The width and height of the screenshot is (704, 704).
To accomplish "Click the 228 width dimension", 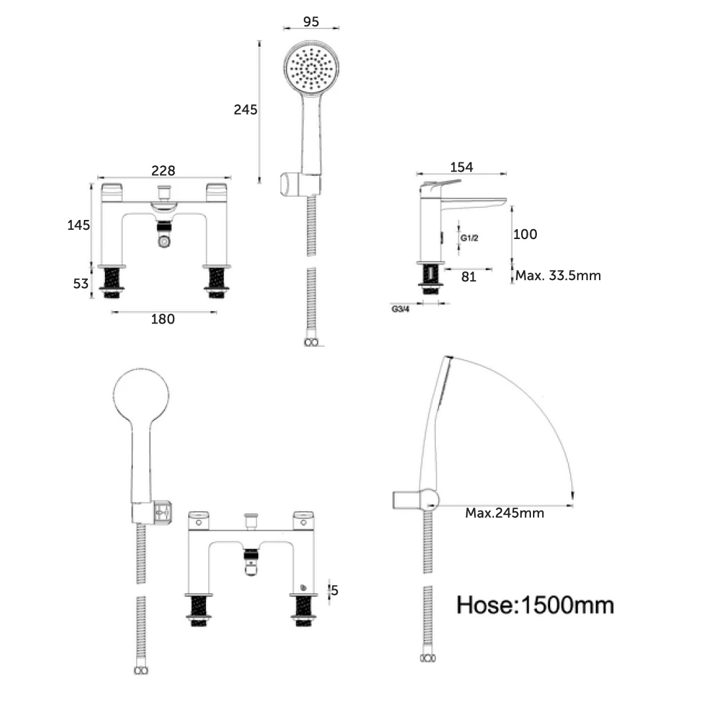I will tap(163, 170).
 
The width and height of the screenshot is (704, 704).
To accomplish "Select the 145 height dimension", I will tap(79, 225).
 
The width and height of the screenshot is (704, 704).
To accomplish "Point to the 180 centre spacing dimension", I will tap(163, 319).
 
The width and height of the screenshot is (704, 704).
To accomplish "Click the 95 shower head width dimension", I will tap(311, 21).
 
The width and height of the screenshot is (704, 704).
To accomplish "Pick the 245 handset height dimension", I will tap(246, 110).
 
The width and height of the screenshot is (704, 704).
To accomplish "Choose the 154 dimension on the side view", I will tap(461, 167).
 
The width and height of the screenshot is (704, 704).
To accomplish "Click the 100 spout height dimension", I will tap(525, 234).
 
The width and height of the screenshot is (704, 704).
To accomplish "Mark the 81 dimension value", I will tap(469, 277).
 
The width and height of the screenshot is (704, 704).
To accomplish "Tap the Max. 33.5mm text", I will tap(558, 275).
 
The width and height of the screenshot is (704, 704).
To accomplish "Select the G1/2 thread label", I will tap(470, 238).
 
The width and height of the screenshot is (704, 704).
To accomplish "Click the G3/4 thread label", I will tap(401, 308).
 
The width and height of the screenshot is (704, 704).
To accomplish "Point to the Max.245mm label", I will tap(505, 513).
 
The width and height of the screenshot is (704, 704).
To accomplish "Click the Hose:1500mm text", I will tap(535, 604).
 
